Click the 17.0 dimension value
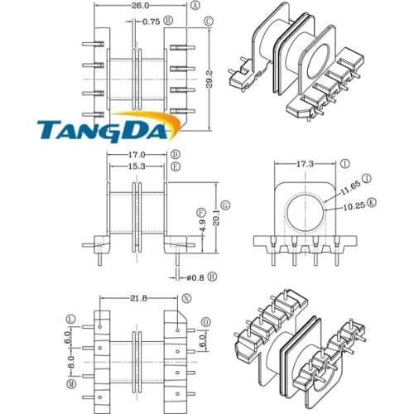click(x=137, y=155)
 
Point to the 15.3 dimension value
click(x=137, y=166)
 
